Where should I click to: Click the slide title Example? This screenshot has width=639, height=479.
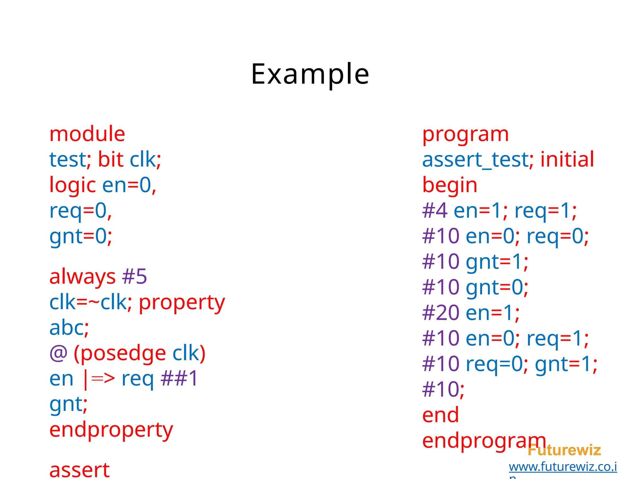(x=310, y=74)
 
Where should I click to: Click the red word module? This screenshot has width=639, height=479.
(x=87, y=134)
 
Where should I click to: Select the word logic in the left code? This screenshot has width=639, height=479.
(x=72, y=185)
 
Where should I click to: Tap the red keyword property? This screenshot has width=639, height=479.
(x=182, y=303)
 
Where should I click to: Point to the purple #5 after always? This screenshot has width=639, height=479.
(x=134, y=277)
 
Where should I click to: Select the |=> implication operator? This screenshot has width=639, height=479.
(x=99, y=379)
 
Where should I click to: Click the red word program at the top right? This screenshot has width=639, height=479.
(x=465, y=134)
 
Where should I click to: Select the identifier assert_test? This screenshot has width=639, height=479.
(x=475, y=160)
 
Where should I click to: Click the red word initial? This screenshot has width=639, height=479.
(x=567, y=160)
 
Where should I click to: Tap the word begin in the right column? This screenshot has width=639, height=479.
(x=450, y=185)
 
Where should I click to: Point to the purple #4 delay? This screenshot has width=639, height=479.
(x=434, y=211)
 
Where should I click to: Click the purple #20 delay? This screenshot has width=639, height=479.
(x=440, y=313)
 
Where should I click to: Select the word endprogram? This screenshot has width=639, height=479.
(x=484, y=441)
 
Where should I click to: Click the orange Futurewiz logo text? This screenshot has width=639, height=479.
(x=564, y=450)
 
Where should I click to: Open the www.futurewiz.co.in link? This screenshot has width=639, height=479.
(x=563, y=467)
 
